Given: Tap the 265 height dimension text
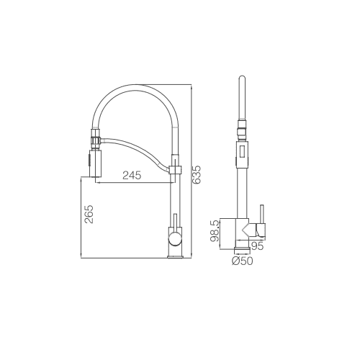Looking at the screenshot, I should point(89,215).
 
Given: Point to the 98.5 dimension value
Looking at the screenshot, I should point(215,233).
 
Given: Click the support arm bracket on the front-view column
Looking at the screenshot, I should point(174,170).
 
